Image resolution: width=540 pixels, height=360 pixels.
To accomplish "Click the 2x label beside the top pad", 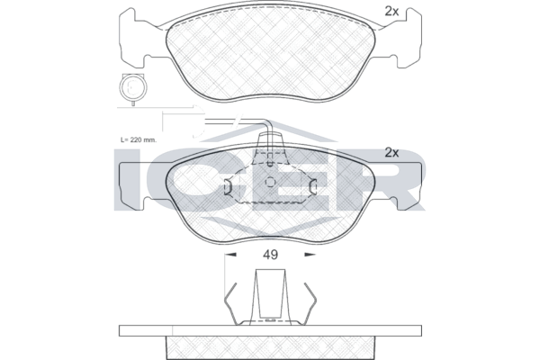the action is coord(391,12).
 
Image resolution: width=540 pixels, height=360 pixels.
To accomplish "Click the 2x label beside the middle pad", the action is coord(391,153).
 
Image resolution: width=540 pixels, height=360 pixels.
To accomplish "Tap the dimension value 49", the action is coord(270,255).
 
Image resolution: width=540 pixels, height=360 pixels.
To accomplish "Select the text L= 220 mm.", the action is coord(139,140).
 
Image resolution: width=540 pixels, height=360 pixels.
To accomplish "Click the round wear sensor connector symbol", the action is coord(133,87).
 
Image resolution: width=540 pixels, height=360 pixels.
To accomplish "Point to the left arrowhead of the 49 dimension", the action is coord(230,255).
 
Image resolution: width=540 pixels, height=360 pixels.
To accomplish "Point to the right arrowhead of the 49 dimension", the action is coord(310,255).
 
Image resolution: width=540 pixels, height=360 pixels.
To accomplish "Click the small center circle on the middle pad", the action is coord(270,182).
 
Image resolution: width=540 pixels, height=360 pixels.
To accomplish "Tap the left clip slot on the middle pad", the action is coord(229,186).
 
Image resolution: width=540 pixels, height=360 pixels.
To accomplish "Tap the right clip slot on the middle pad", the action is coord(312,186).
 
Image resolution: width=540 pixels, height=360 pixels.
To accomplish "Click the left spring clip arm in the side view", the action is coord(231,304).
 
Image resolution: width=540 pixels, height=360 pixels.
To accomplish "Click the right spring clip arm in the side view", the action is coord(310,304).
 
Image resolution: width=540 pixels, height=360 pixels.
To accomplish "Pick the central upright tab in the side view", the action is coord(270,295).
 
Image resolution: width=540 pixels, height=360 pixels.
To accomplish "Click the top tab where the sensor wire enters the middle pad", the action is coord(270,141).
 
